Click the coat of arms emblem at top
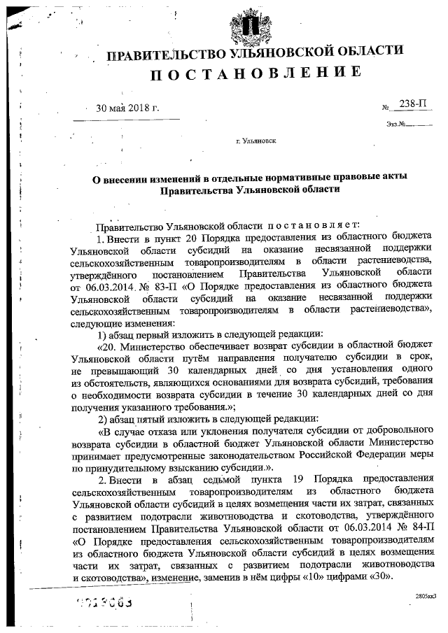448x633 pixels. [x=246, y=24]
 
